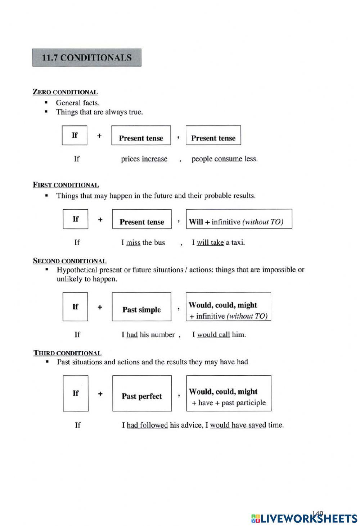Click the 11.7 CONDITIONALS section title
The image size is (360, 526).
point(87,58)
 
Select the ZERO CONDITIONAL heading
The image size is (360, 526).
point(65,92)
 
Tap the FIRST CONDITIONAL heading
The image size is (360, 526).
point(66,185)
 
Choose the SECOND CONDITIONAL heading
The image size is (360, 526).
point(69,261)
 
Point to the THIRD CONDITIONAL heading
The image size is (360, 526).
point(67,353)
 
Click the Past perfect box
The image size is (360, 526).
point(142,393)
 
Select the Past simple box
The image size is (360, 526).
point(141,307)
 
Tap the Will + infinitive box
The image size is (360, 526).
point(239,219)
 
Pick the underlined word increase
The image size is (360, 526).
point(154,159)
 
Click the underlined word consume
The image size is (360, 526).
point(228,159)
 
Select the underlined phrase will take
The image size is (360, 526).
point(210,242)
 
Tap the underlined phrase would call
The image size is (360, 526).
point(213,335)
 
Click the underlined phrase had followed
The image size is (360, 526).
point(147,425)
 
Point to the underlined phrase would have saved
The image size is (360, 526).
point(238,425)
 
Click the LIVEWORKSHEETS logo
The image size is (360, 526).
point(304,518)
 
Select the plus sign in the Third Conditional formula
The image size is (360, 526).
point(100,393)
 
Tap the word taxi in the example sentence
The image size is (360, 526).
point(237,242)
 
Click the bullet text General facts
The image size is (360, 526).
point(77,103)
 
